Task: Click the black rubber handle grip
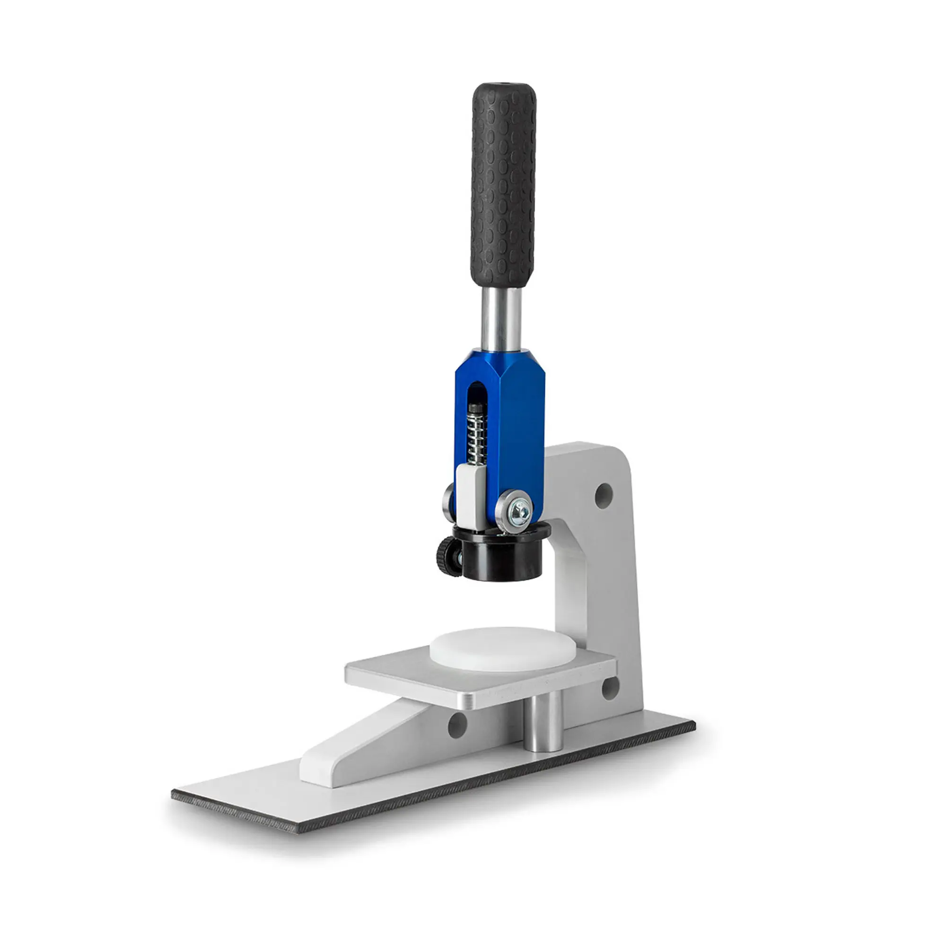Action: coord(503,186)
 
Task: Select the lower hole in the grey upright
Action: coord(610,688)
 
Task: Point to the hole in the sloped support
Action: coord(457,725)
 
